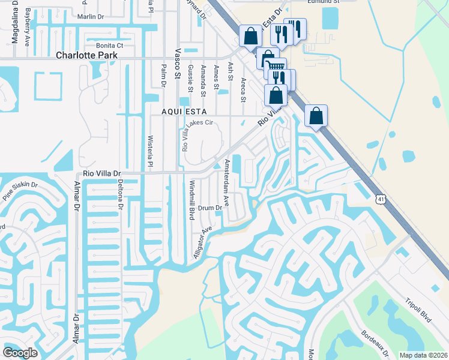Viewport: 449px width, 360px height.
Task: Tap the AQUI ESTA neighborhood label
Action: click(x=184, y=112)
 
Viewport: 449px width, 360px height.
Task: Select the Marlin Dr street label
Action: click(x=90, y=16)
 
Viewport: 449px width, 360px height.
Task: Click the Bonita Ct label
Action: click(x=109, y=45)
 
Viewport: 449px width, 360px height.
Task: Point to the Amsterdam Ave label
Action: click(x=227, y=179)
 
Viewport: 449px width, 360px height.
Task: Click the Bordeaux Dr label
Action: click(x=375, y=341)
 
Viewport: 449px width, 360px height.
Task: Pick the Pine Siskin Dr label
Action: click(x=20, y=191)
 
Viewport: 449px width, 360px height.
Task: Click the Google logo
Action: click(x=20, y=352)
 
